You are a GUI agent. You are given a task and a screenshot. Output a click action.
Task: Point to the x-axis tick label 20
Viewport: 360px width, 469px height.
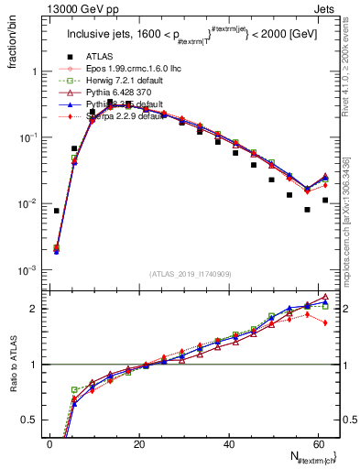tap(139, 444)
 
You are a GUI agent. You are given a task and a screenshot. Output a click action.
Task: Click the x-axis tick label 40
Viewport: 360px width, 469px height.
tap(229, 444)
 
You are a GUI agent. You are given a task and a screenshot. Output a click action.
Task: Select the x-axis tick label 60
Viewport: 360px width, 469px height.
tap(319, 444)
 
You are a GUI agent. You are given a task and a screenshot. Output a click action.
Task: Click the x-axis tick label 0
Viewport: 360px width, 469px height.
tap(49, 444)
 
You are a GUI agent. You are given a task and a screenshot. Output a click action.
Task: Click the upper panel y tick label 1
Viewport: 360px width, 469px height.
tap(35, 71)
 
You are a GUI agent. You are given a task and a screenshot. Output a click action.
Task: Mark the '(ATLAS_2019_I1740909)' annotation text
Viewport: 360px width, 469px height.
tap(189, 274)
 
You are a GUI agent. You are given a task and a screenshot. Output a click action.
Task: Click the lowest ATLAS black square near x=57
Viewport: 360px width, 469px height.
tap(307, 210)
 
